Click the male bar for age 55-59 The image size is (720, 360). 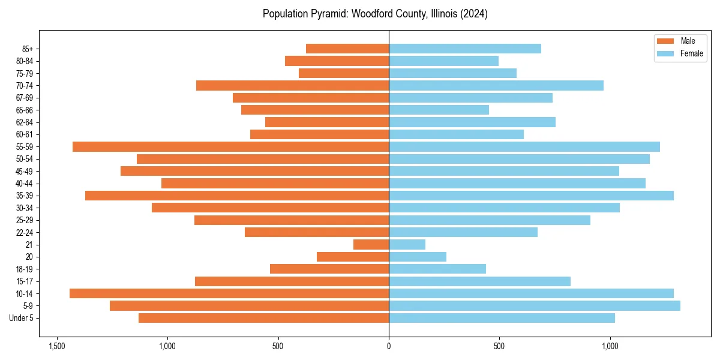230,146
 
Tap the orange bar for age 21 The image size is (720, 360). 371,244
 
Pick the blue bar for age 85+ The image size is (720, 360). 464,49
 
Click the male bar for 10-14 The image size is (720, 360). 229,293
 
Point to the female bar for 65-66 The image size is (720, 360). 439,110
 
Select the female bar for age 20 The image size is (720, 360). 417,257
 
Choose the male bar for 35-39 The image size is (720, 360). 237,196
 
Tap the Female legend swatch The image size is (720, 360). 666,53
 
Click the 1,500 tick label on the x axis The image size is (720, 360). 57,346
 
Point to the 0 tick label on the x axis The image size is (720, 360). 389,346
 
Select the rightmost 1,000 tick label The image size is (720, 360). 610,346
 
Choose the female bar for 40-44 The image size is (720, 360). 517,183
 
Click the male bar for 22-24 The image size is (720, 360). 316,232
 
